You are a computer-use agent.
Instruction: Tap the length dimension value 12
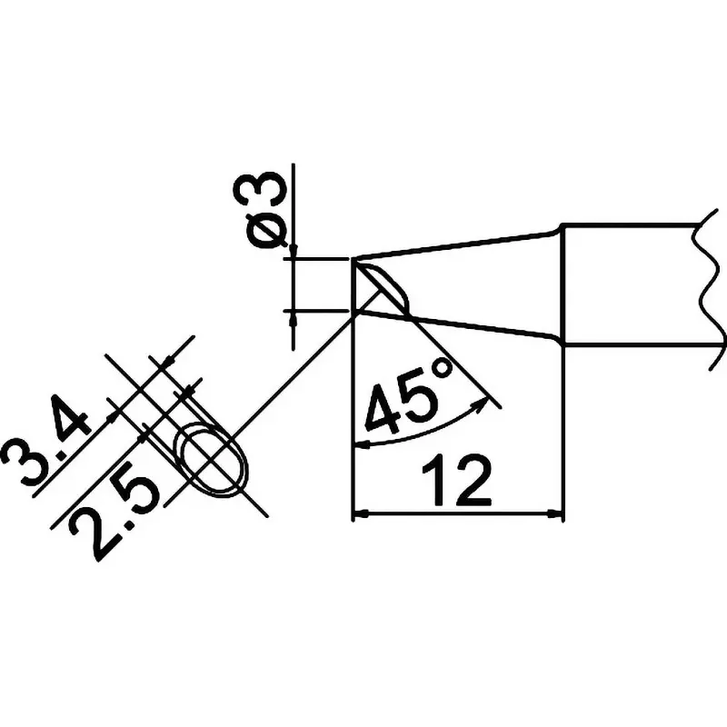pyautogui.click(x=456, y=481)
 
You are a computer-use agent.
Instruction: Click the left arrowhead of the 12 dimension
pyautogui.click(x=362, y=513)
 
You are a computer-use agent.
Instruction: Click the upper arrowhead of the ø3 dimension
pyautogui.click(x=293, y=251)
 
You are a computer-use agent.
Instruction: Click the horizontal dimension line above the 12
pyautogui.click(x=459, y=513)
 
